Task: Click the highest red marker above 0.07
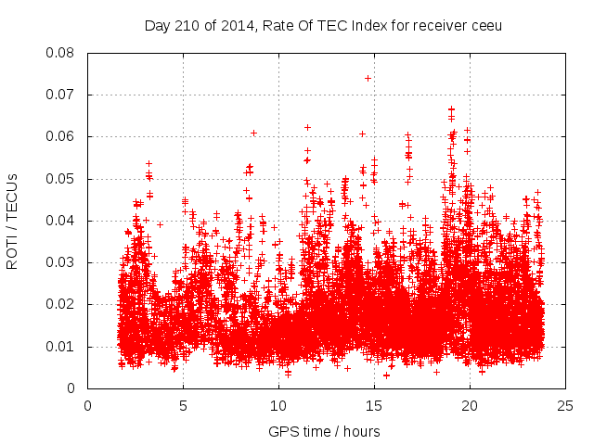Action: point(368,78)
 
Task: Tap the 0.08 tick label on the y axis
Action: point(60,53)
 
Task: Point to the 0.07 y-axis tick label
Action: point(60,95)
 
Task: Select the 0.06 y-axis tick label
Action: point(60,136)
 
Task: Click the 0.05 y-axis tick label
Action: point(60,179)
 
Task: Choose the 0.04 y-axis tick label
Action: point(60,221)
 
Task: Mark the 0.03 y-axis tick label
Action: point(60,262)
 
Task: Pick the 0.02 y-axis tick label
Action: point(60,304)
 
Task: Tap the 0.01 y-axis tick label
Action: point(60,347)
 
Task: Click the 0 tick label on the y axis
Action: point(71,388)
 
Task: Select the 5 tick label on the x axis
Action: point(183,406)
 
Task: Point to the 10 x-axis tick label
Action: point(278,406)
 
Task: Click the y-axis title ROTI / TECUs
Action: point(13,221)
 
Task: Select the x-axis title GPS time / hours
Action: point(324,431)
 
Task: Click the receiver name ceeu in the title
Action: point(485,25)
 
